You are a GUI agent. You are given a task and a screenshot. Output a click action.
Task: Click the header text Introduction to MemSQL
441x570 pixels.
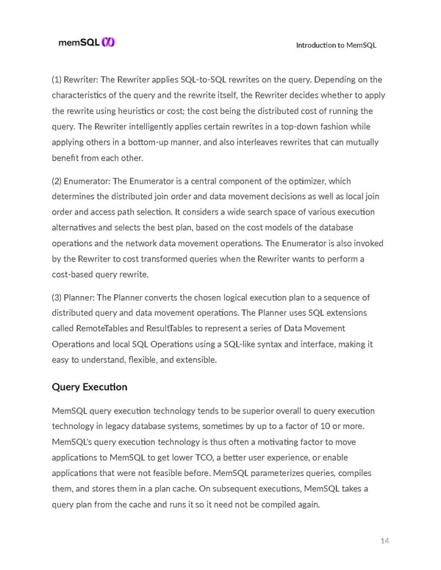pos(336,46)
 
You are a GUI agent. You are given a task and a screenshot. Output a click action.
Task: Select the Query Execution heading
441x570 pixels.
pos(89,387)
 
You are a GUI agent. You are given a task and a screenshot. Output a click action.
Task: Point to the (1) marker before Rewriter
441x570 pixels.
pos(58,79)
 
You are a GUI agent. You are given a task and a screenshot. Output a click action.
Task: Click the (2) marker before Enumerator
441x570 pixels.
pos(58,181)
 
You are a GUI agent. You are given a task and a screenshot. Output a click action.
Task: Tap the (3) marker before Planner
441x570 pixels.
pos(58,297)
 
